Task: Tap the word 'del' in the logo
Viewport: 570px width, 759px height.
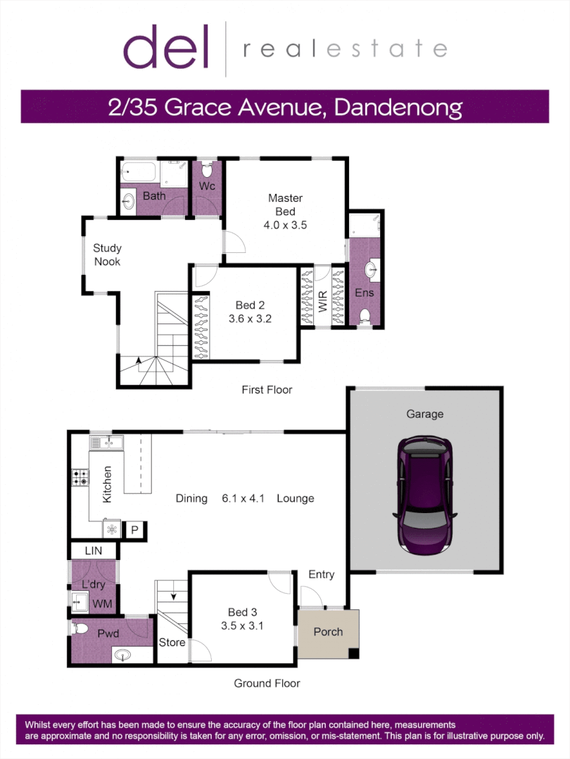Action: coord(167,48)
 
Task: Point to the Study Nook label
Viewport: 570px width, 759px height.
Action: coord(107,254)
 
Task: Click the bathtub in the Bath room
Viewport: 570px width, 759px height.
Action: coord(139,171)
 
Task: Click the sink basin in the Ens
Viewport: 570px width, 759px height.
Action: coord(370,268)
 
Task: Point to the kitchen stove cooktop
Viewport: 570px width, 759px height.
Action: coord(80,478)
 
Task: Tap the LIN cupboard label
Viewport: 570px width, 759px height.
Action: coord(94,552)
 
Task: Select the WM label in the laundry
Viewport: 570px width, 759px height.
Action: coord(103,604)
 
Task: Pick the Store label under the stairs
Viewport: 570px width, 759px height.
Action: coord(172,642)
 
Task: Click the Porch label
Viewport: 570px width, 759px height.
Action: coord(328,632)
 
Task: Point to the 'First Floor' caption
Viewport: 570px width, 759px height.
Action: coord(267,389)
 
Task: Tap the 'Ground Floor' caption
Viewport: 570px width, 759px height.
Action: coord(267,683)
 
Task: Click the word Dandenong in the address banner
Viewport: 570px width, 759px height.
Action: coord(398,107)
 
